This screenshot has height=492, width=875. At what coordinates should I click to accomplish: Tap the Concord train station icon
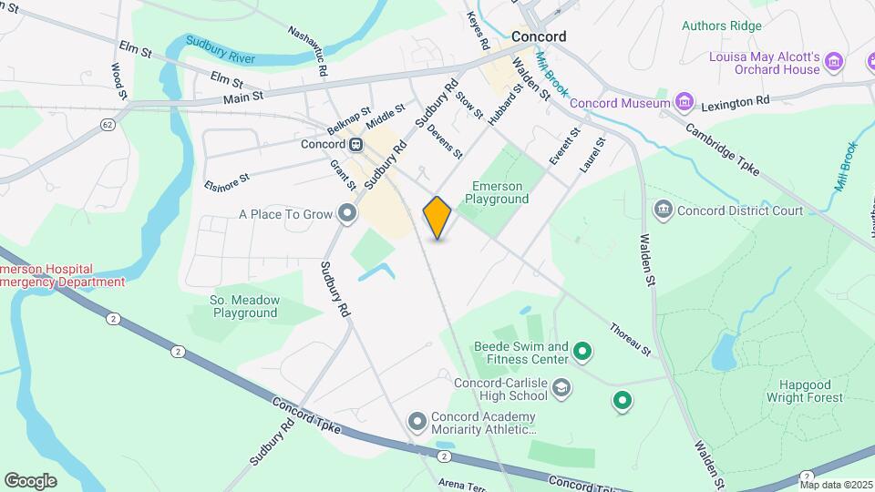click(x=356, y=144)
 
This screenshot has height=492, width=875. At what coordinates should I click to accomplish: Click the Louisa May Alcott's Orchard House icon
click(x=833, y=62)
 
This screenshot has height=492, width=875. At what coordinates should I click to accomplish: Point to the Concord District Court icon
click(x=663, y=210)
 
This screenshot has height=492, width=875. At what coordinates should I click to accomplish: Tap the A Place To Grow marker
click(x=346, y=214)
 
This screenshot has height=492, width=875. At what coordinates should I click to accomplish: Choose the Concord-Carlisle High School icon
click(x=561, y=389)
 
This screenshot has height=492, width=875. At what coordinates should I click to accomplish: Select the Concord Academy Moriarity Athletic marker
click(x=417, y=421)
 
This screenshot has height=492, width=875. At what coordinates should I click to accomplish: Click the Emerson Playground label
click(x=499, y=191)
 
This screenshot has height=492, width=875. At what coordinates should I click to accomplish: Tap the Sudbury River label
click(x=220, y=46)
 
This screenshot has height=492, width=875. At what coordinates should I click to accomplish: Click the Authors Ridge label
click(x=721, y=26)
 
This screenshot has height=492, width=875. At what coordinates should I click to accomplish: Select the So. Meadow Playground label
click(x=244, y=305)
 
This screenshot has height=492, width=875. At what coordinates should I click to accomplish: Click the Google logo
click(x=30, y=480)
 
